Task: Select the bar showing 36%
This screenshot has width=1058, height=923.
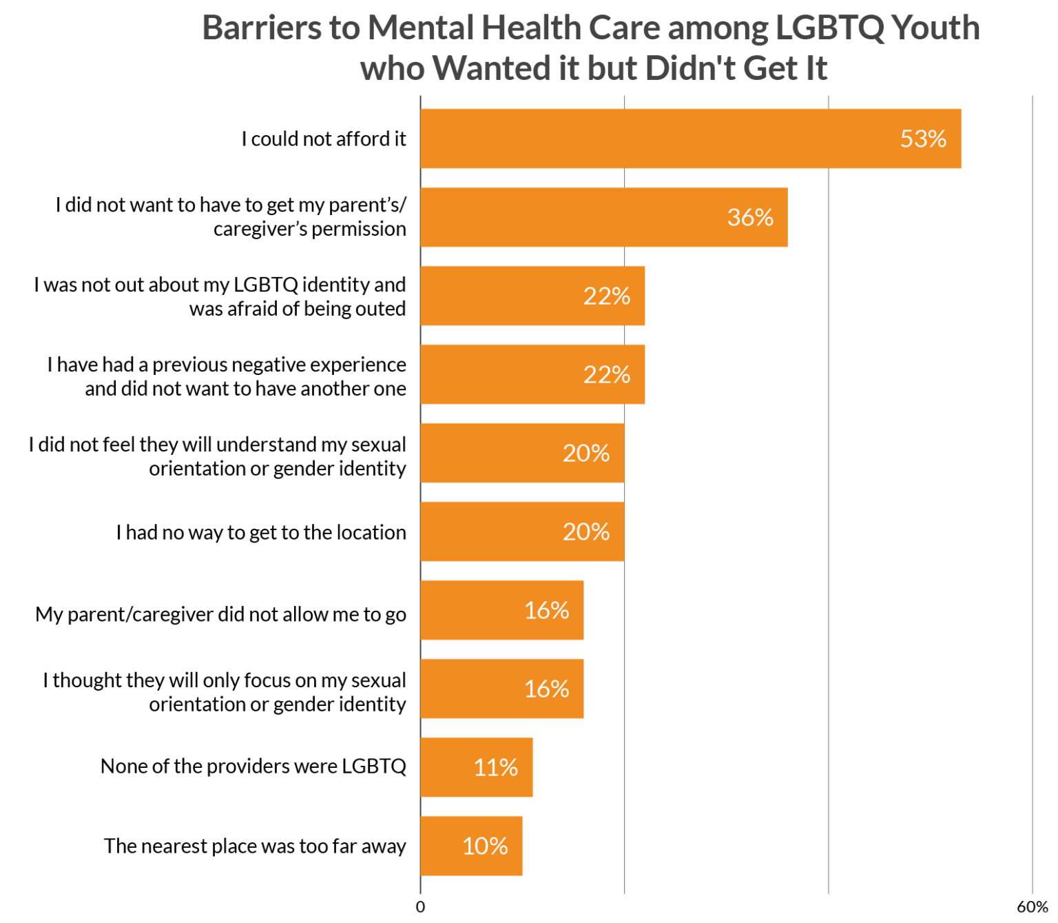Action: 603,217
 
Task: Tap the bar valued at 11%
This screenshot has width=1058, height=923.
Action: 477,767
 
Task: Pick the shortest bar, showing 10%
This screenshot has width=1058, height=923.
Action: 472,846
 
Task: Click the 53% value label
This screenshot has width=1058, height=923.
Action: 923,139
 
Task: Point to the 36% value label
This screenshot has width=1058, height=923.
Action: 750,217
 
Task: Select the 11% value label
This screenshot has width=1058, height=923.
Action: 495,767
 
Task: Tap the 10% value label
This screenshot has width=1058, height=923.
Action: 485,846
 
